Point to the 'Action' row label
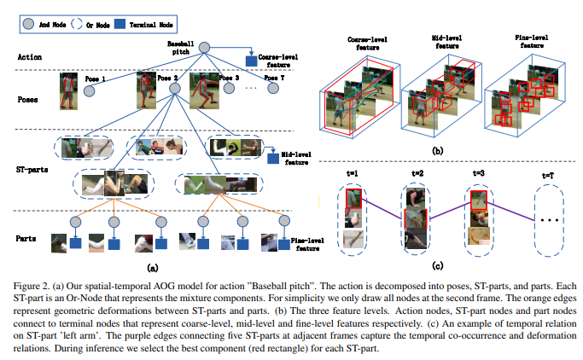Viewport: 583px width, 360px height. (30, 58)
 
